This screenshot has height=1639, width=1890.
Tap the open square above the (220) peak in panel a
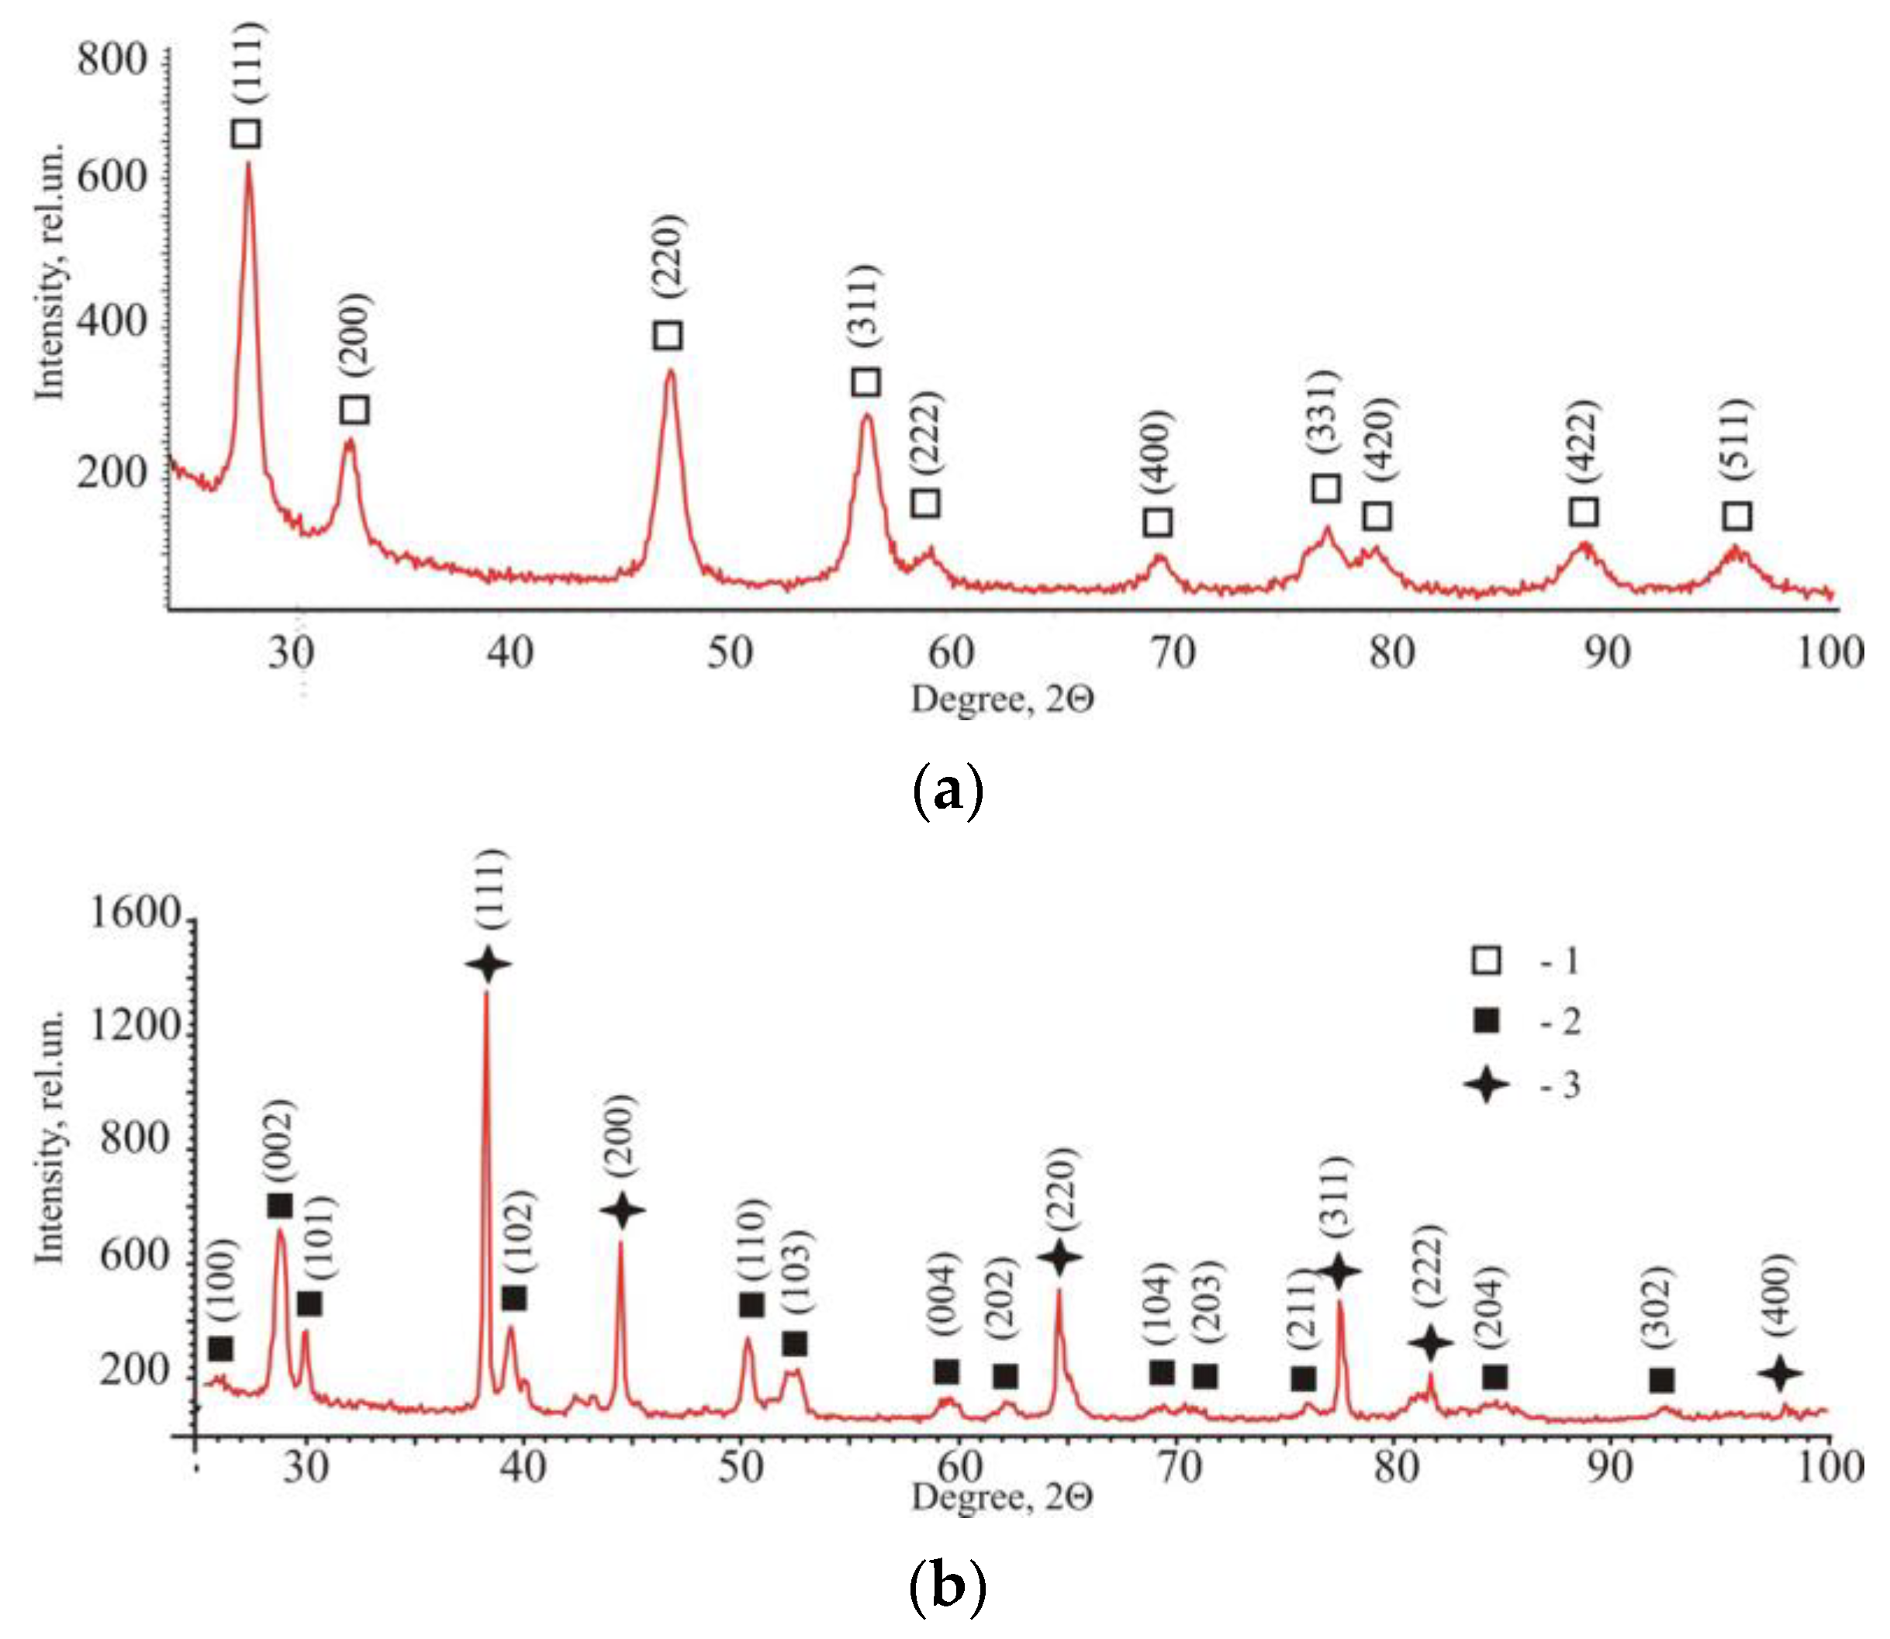click(x=668, y=335)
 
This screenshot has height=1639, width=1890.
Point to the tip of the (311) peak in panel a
click(x=867, y=416)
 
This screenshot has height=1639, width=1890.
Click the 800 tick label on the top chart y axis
click(x=112, y=60)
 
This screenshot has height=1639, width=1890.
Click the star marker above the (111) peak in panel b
click(x=487, y=965)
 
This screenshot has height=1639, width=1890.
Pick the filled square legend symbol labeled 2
click(x=1487, y=1021)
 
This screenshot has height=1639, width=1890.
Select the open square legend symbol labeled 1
click(x=1487, y=961)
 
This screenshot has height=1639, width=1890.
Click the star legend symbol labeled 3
click(x=1487, y=1085)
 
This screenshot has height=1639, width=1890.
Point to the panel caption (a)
click(x=948, y=792)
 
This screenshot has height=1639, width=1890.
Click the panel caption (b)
click(x=948, y=1588)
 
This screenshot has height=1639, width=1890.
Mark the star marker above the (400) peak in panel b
click(x=1780, y=1372)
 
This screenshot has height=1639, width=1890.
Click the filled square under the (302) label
click(x=1661, y=1380)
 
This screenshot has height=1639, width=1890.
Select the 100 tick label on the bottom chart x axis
click(x=1829, y=1467)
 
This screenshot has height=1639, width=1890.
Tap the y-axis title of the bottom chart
click(x=50, y=1138)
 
